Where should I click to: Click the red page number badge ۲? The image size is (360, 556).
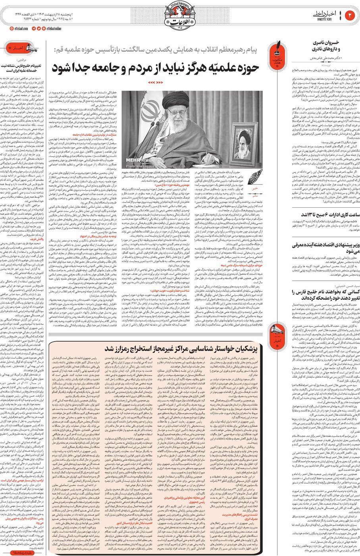[350, 15]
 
